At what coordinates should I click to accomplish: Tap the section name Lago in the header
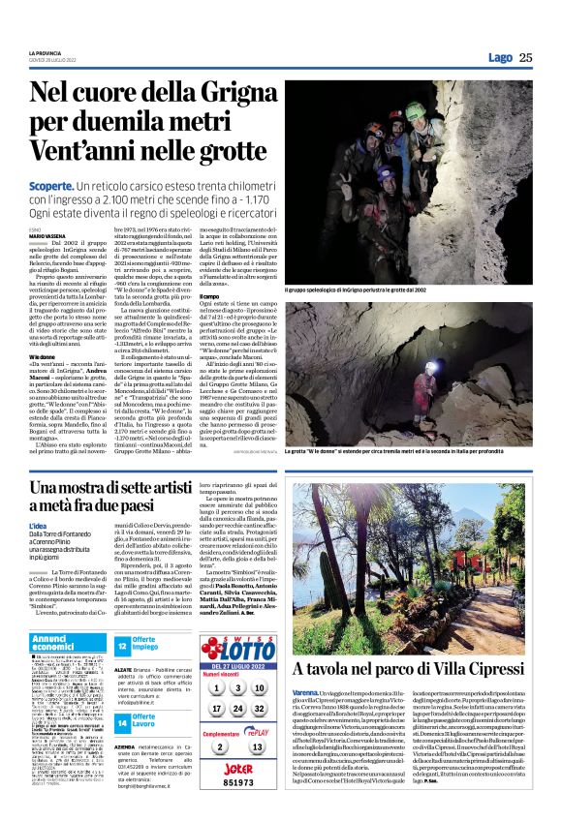click(500, 57)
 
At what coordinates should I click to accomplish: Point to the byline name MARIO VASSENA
click(46, 235)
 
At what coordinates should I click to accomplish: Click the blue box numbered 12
click(123, 645)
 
